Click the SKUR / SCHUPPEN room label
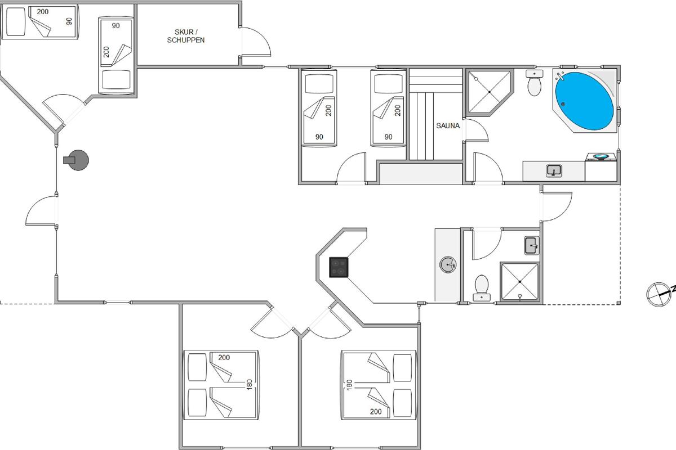coord(186,36)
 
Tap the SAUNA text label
coord(448,125)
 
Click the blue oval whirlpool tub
coord(585,101)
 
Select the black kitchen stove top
coord(339,267)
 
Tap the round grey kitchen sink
coord(448,264)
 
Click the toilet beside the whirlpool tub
coord(535,83)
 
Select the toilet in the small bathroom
coord(481,287)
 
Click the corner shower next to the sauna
coord(489,92)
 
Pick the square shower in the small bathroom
coord(519,282)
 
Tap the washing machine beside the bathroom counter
coord(601,167)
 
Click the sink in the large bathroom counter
coord(554,171)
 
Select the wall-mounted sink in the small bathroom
coord(531,246)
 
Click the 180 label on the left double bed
coord(249,384)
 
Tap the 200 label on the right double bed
coord(376,411)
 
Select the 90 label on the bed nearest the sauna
coord(388,137)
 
